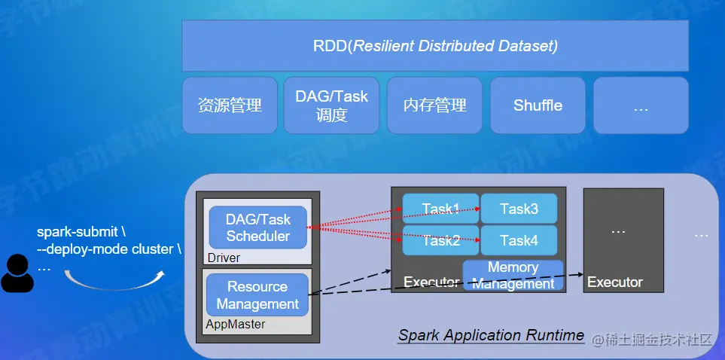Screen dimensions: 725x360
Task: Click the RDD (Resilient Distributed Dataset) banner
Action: (x=435, y=46)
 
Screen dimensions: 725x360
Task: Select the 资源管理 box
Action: (x=230, y=105)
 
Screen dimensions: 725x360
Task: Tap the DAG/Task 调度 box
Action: (x=331, y=105)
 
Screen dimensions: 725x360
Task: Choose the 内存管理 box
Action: (x=434, y=105)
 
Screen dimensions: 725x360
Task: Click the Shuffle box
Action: (x=538, y=105)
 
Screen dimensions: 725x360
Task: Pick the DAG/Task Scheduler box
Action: (x=258, y=227)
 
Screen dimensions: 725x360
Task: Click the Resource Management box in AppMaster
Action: (x=257, y=295)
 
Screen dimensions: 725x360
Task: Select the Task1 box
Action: (x=440, y=209)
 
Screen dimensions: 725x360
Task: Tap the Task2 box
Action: (x=440, y=240)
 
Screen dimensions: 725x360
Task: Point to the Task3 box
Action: (x=519, y=209)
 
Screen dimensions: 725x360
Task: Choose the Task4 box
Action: (x=519, y=240)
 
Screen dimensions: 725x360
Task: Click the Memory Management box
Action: (x=513, y=276)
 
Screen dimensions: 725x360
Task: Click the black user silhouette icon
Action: (x=17, y=274)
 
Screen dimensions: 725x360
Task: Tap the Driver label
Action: (x=224, y=258)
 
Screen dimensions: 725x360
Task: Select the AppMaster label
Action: (x=236, y=324)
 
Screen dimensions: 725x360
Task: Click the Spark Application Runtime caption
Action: (x=491, y=335)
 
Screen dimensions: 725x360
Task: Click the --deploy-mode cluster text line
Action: (x=105, y=249)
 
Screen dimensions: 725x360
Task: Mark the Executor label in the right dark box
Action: (x=615, y=282)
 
